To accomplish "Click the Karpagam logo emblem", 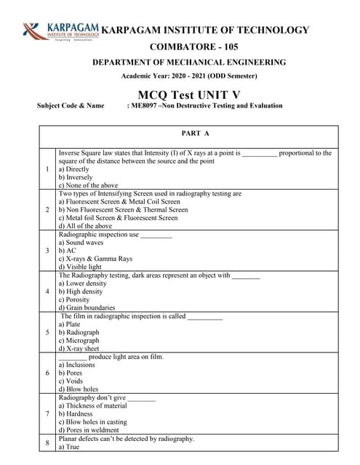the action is point(33,31).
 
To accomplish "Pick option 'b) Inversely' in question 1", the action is point(76,177).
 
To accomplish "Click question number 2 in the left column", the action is point(47,209).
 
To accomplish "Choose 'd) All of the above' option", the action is point(85,226).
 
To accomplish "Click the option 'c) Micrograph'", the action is point(79,341).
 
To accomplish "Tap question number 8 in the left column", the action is point(47,442).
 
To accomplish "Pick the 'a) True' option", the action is point(70,447).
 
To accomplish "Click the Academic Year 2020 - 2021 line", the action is point(189,76).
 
